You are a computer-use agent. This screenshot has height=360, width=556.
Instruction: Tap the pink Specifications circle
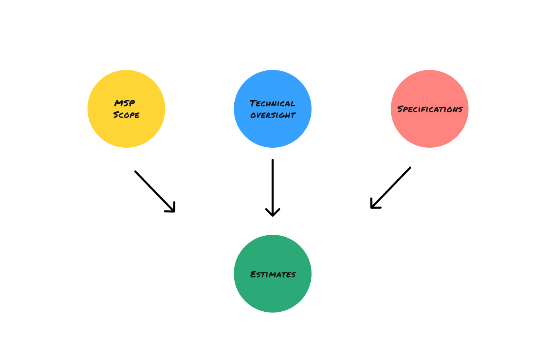point(430,127)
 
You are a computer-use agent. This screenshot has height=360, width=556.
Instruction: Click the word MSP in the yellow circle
point(125,103)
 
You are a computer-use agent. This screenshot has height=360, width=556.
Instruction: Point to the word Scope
point(126,115)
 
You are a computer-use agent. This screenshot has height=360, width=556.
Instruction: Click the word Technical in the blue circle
point(273,103)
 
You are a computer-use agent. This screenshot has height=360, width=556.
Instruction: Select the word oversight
point(273,115)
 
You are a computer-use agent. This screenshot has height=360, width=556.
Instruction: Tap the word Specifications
point(430,109)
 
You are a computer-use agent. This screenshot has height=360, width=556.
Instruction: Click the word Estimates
point(273,274)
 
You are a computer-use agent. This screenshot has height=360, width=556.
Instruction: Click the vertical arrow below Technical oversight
point(273,184)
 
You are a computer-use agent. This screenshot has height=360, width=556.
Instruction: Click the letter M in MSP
point(119,103)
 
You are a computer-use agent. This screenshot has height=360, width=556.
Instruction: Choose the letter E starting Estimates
point(253,274)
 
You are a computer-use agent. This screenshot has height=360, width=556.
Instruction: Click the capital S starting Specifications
point(400,109)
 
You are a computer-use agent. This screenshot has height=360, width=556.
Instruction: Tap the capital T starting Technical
point(253,103)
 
